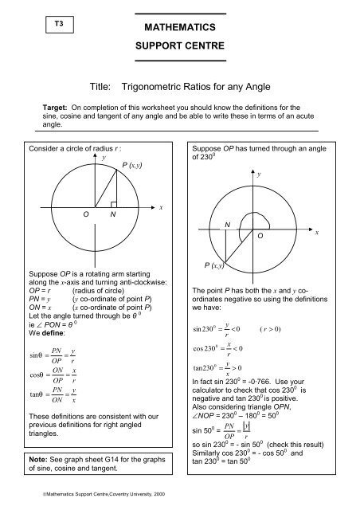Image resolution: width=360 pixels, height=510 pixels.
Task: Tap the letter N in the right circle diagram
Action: coord(227,225)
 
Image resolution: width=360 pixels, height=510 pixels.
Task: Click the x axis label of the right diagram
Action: coord(317,232)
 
